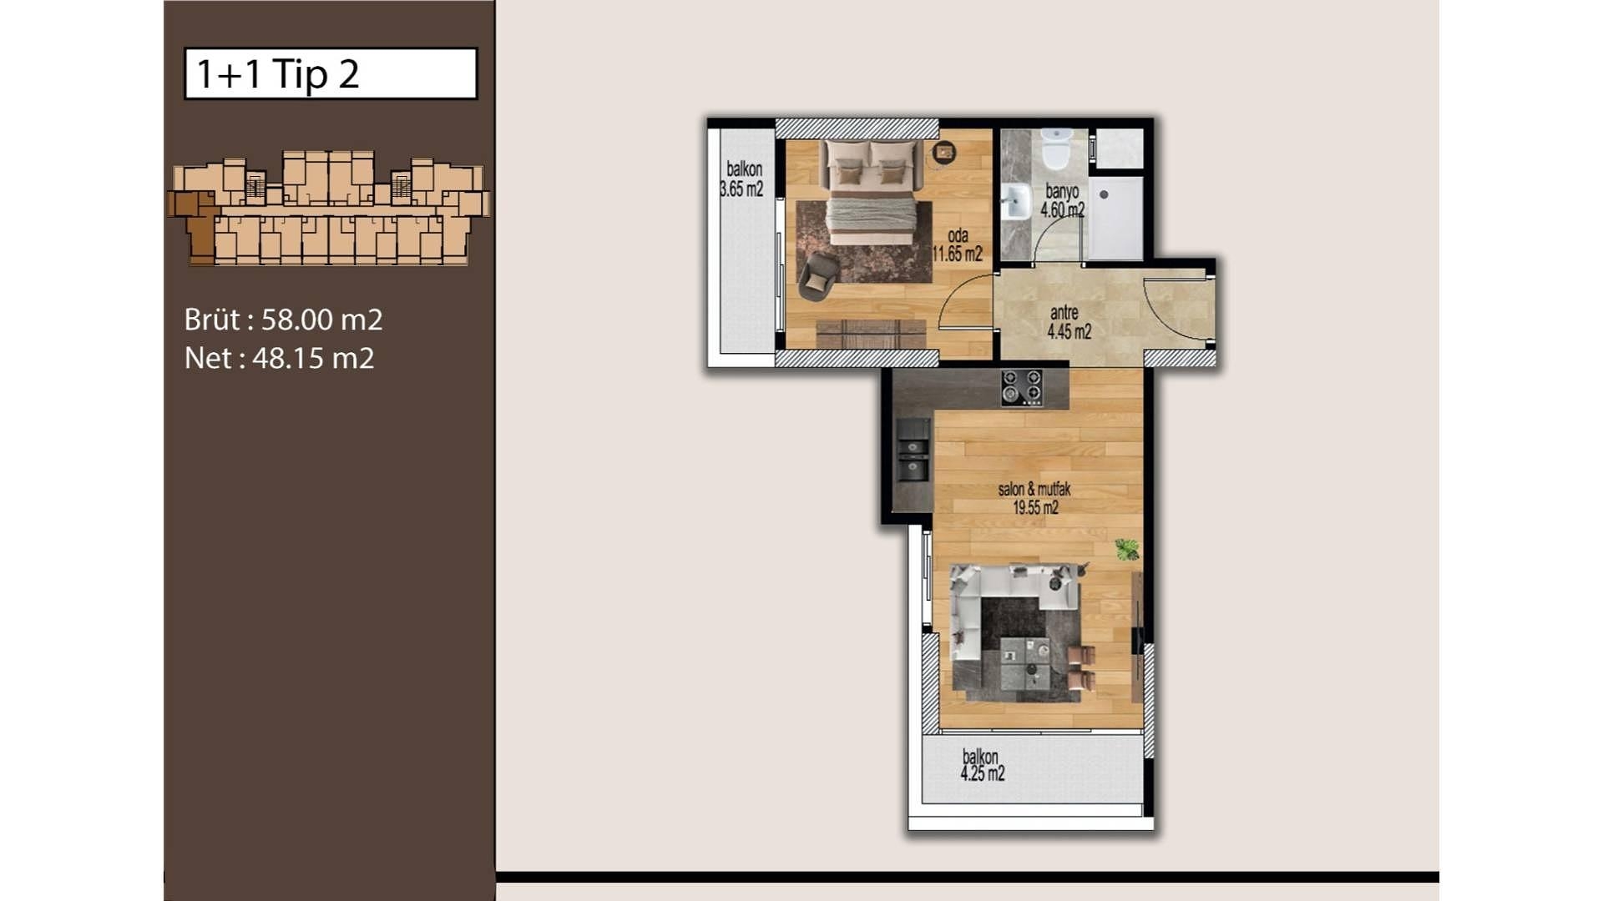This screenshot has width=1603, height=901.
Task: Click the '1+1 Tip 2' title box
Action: coord(331,73)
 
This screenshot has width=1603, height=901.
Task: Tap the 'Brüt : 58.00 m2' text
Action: coord(284,320)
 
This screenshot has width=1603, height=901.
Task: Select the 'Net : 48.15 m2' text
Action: coord(280,359)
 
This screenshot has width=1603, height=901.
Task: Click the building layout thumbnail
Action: coord(328,208)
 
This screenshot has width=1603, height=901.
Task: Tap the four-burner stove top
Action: coord(1023,388)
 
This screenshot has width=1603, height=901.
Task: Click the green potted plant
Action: coord(1127,549)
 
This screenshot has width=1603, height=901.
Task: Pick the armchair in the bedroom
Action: coord(817,276)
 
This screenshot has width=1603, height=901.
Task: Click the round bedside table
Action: coord(944,152)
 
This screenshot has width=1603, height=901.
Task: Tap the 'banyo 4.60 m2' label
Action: coord(1062,201)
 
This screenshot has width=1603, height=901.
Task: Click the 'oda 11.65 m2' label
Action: coord(958,244)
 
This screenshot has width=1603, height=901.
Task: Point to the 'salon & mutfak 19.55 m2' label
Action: coord(1035,498)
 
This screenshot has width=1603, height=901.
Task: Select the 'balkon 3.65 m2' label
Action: coord(742,179)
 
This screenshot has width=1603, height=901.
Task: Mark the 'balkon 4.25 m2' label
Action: coord(982,765)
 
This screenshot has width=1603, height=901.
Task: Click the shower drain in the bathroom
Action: coord(1104,194)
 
